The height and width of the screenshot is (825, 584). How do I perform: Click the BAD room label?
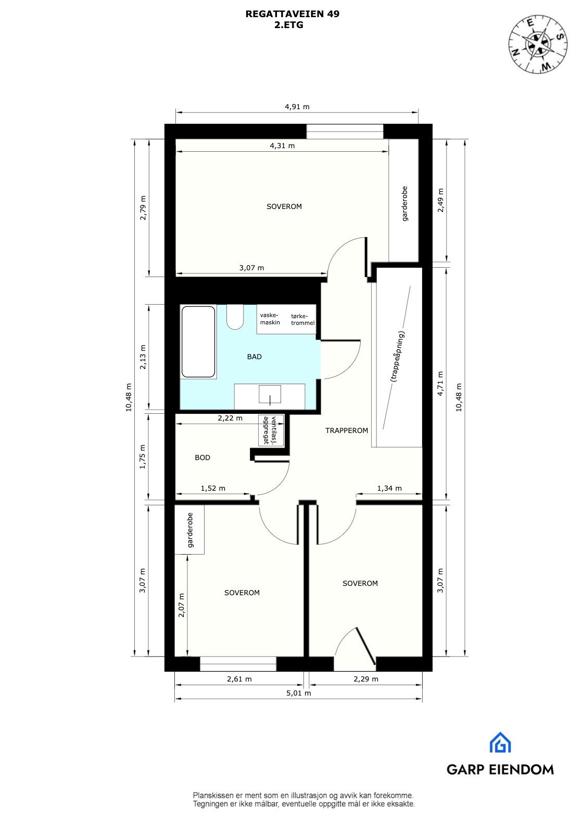pyautogui.click(x=254, y=357)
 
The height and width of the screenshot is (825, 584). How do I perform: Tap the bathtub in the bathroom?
pyautogui.click(x=198, y=342)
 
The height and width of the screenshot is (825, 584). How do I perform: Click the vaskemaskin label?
pyautogui.click(x=270, y=319)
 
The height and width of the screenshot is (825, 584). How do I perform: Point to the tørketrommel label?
pyautogui.click(x=303, y=319)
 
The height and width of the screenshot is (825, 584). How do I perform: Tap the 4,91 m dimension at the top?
pyautogui.click(x=297, y=107)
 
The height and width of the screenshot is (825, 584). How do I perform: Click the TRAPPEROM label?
pyautogui.click(x=347, y=430)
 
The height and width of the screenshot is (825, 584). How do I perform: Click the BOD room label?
pyautogui.click(x=202, y=457)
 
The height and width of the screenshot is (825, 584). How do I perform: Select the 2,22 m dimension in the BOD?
pyautogui.click(x=230, y=418)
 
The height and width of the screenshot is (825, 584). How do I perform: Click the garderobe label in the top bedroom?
pyautogui.click(x=404, y=204)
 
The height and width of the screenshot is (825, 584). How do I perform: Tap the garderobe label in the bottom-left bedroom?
pyautogui.click(x=190, y=530)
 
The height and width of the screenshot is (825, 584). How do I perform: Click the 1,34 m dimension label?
pyautogui.click(x=389, y=488)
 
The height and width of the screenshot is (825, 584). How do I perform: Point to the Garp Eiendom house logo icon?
pyautogui.click(x=500, y=743)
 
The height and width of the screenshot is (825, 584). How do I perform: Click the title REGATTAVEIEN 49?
pyautogui.click(x=292, y=14)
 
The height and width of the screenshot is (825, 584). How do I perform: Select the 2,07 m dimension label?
pyautogui.click(x=181, y=605)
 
